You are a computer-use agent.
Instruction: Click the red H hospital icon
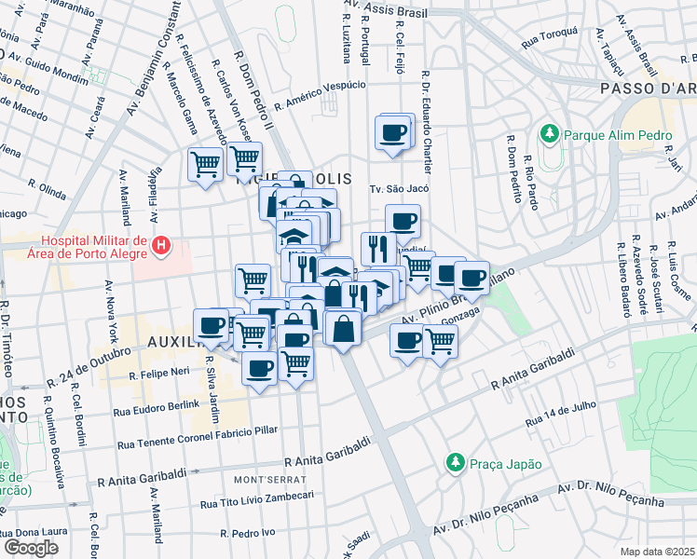tap(161, 246)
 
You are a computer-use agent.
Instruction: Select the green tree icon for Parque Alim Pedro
tap(550, 135)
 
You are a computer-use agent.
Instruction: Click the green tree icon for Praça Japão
tap(454, 462)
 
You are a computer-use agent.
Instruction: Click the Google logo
tap(32, 547)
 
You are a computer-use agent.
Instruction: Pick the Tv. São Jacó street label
tap(398, 188)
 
